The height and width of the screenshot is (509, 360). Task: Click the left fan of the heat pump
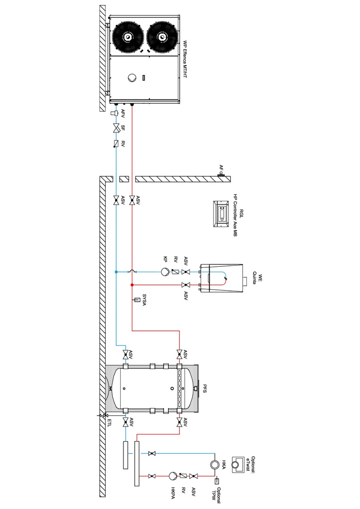[x=128, y=37]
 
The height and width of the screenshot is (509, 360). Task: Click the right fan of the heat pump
[x=162, y=37]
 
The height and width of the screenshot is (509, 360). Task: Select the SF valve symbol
[x=116, y=128]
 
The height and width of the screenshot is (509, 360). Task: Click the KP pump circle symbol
[x=165, y=271]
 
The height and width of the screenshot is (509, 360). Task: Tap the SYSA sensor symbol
[x=137, y=300]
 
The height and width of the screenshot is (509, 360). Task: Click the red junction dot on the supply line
[x=132, y=285]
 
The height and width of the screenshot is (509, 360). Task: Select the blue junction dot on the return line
[x=116, y=271]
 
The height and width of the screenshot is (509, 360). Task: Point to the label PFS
[x=205, y=389]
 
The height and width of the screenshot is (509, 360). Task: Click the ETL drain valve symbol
[x=105, y=415]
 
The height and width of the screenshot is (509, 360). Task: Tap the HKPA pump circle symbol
[x=172, y=476]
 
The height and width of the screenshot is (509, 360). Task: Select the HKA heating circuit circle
[x=214, y=465]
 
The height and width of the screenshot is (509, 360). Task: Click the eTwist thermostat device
[x=237, y=465]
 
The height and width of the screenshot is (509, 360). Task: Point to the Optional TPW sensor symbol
[x=217, y=481]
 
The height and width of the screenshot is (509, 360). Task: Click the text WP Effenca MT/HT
[x=185, y=59]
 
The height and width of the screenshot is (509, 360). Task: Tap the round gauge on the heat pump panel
[x=132, y=78]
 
